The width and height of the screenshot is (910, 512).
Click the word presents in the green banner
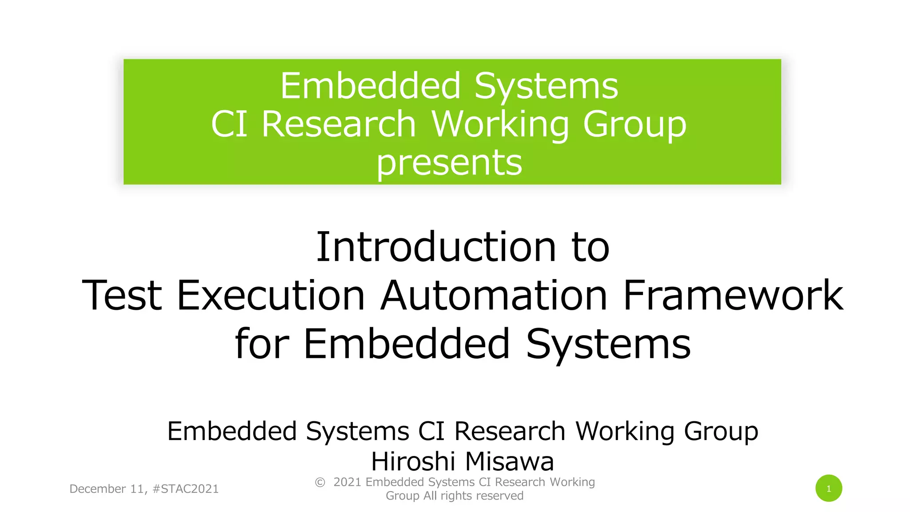point(449,163)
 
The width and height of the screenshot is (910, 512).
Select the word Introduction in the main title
point(436,247)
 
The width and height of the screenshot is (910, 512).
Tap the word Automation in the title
point(494,295)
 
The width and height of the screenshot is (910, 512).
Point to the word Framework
point(733,295)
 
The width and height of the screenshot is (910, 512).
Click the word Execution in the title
point(271,295)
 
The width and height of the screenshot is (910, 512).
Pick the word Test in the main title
point(122,295)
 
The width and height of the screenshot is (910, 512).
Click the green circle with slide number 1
point(829,488)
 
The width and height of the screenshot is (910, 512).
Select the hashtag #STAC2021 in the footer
point(185,489)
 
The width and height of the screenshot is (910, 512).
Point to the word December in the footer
point(98,489)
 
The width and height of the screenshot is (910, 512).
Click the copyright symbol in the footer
point(320,482)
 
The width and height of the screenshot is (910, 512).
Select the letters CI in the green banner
point(229,124)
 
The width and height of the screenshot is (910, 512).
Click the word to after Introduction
point(591,247)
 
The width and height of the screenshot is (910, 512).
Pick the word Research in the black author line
point(510,431)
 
